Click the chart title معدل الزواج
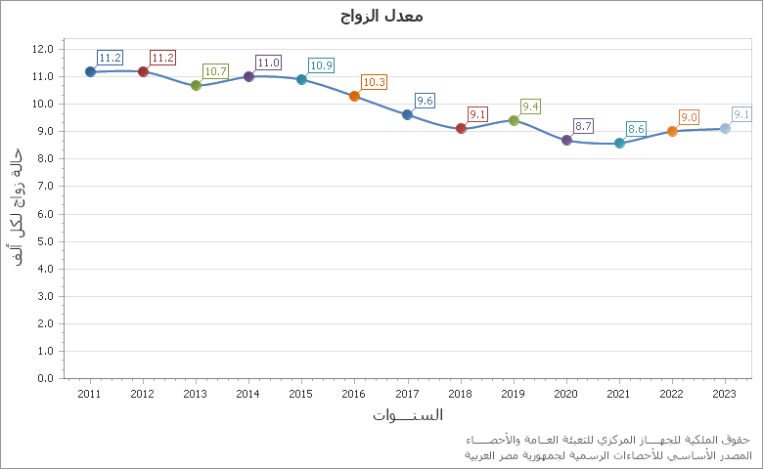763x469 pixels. point(381,16)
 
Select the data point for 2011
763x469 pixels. point(90,71)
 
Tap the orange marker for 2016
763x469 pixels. point(354,96)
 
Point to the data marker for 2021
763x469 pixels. point(619,143)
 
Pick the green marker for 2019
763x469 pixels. point(514,120)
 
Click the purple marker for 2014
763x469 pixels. point(248,76)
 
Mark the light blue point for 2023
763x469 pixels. point(725,128)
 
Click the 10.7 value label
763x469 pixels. point(215,71)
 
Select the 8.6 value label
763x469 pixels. point(636,129)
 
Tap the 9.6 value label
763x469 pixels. point(425,101)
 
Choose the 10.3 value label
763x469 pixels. point(374,82)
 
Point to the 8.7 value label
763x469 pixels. point(583,126)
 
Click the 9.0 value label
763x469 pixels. point(689,117)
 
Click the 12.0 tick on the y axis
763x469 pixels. point(43,49)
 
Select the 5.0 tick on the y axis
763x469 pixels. point(43,241)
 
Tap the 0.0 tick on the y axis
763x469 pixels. point(43,378)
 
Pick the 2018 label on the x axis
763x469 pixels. point(460,394)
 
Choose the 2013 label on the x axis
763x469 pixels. point(196,394)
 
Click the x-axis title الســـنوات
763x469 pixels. point(407,415)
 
